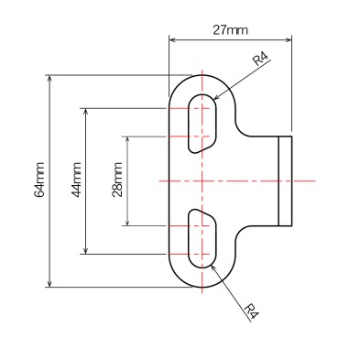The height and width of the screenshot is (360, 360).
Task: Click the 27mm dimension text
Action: click(230, 30)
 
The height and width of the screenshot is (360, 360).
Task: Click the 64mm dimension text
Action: click(39, 180)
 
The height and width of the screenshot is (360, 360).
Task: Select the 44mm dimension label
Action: click(76, 180)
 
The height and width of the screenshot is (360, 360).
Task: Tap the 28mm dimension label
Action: click(117, 180)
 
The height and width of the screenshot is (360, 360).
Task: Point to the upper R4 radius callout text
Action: click(260, 60)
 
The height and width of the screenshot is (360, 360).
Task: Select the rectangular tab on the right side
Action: click(285, 180)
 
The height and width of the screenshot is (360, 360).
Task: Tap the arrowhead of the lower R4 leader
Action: click(213, 266)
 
